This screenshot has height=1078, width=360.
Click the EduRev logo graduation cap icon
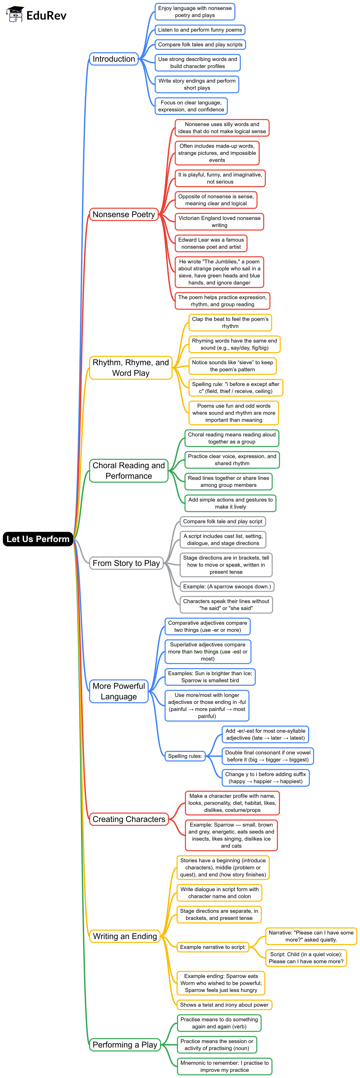15,14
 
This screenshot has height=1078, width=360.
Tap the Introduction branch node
114,59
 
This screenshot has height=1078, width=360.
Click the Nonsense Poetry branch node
124,214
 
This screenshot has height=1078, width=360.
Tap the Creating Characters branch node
129,819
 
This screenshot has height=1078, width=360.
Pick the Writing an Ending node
125,936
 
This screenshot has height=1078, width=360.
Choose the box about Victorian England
219,221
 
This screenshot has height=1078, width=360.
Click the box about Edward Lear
211,243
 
